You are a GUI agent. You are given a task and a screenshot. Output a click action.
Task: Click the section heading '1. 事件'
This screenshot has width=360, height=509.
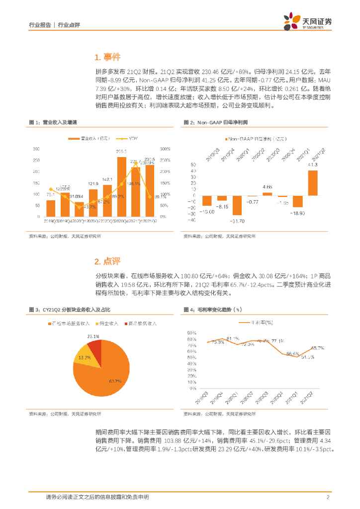tap(107, 57)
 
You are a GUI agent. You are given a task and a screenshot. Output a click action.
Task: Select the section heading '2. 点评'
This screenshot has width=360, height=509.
tap(107, 261)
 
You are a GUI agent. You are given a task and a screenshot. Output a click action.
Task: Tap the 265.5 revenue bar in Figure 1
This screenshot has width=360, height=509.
tap(121, 186)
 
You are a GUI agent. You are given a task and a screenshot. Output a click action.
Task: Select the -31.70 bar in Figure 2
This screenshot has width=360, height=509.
tap(237, 205)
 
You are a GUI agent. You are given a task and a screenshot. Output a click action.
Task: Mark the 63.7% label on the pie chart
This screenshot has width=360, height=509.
tap(115, 381)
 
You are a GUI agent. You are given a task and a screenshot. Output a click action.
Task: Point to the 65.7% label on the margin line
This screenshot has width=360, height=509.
tap(317, 347)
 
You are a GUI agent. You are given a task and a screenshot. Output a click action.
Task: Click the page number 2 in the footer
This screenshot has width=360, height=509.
tap(328, 497)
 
